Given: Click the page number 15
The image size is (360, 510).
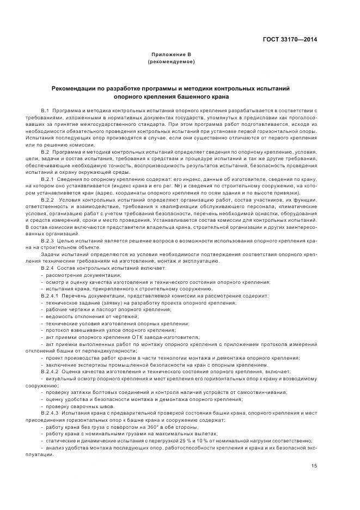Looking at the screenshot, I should (314, 465).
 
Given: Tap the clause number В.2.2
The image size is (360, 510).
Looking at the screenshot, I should (48, 199).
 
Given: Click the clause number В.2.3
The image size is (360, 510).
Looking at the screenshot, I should (48, 240).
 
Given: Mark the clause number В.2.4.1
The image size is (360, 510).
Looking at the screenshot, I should (50, 295).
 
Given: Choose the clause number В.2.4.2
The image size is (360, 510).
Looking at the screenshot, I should (50, 371).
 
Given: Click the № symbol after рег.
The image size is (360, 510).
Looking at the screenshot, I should (177, 186).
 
